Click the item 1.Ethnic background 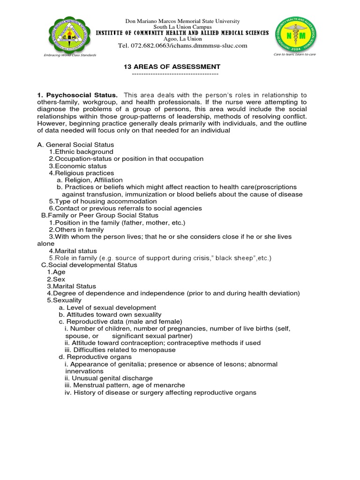pos(81,152)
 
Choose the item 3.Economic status pos(78,166)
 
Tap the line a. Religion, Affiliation pos(90,180)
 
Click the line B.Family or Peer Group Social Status pos(99,215)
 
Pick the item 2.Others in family pos(76,230)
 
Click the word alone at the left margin pos(46,244)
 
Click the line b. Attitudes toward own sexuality pos(110,315)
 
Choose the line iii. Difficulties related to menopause pos(120,350)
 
